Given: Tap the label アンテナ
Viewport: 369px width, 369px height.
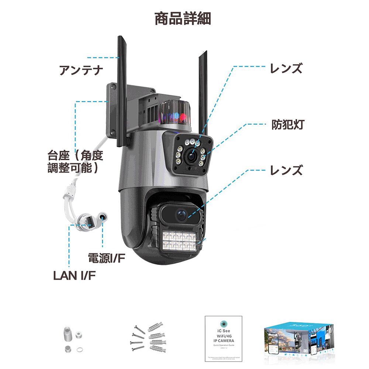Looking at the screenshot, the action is tap(81, 70).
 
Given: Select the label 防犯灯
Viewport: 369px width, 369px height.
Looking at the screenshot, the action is tap(287, 125).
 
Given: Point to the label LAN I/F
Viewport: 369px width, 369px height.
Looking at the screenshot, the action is tap(75, 275).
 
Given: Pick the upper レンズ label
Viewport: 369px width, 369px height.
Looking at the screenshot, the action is tap(286, 68).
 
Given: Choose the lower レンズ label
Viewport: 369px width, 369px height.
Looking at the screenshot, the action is tap(286, 170).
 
